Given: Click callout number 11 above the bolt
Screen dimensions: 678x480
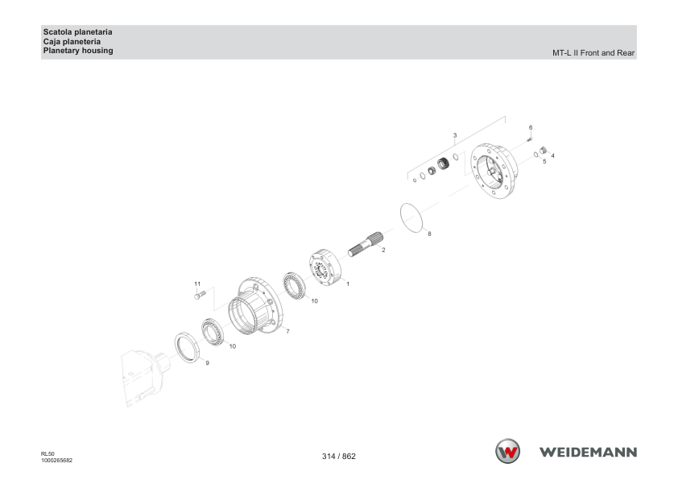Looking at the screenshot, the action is (197, 284).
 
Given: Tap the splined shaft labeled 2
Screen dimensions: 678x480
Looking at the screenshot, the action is (366, 244).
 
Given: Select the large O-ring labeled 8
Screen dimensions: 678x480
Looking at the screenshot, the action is (411, 218).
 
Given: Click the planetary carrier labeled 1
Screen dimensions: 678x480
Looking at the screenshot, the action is (325, 267).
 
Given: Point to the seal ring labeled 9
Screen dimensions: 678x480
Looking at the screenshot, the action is (188, 347).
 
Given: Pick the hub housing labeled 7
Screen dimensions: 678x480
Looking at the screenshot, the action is (255, 305).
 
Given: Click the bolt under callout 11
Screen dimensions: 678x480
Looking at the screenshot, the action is (200, 296).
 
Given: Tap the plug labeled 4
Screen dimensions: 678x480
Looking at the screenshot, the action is (544, 150).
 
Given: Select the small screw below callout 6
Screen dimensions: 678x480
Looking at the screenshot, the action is (529, 139).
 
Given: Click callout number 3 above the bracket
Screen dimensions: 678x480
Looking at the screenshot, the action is (455, 135).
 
